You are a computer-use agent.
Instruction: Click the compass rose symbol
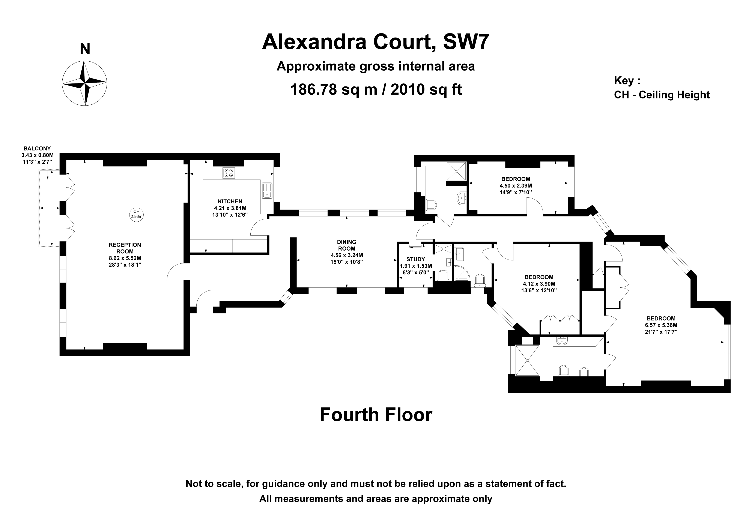pos(84,83)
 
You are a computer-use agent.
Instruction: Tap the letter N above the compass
pos(85,49)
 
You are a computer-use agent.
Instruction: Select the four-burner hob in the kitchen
pos(229,173)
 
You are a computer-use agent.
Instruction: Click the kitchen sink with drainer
pos(266,191)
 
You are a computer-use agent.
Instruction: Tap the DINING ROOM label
pos(346,245)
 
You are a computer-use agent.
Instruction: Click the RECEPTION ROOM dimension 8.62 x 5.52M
pos(125,258)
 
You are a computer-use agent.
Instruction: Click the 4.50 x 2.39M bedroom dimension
pos(516,186)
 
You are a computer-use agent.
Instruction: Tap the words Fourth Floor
pos(376,415)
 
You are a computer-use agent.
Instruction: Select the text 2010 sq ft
pos(426,89)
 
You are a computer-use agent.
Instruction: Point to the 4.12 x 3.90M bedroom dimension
pos(539,284)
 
